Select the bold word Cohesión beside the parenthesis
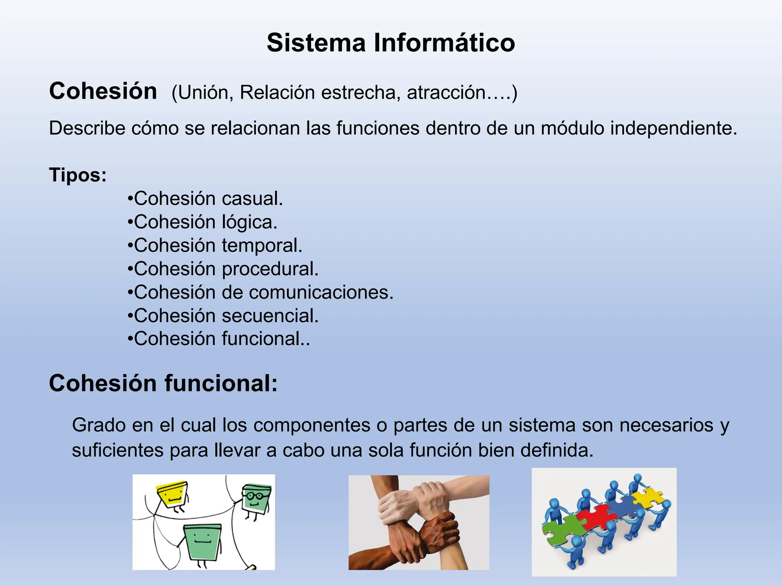[103, 92]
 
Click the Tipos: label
[78, 175]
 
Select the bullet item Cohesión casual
[205, 199]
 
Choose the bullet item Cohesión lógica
[203, 222]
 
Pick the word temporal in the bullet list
[262, 246]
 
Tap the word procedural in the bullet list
[270, 269]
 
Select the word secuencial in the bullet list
[270, 316]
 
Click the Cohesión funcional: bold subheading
[163, 383]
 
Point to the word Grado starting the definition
[99, 425]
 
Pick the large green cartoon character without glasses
[202, 542]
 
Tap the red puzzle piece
[596, 517]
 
